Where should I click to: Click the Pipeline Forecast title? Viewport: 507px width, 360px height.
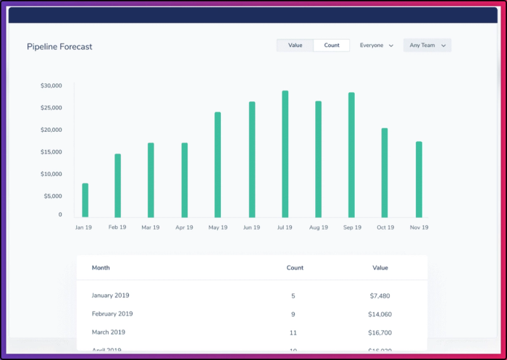[x=59, y=46]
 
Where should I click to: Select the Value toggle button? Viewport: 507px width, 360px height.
[x=296, y=46]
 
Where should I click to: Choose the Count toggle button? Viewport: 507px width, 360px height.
[x=332, y=46]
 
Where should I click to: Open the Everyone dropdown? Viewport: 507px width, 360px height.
[x=376, y=46]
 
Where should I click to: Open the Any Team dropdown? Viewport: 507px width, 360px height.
[x=427, y=46]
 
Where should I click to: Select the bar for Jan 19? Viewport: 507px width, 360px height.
[x=85, y=201]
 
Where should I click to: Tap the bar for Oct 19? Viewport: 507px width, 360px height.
[x=385, y=173]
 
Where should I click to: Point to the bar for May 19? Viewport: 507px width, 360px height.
[x=217, y=165]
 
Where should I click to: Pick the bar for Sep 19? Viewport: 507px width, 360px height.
[x=351, y=155]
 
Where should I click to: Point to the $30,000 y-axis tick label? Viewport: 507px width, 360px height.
[x=51, y=86]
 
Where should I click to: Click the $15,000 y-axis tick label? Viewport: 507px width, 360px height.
[x=51, y=152]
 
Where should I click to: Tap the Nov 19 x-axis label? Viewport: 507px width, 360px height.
[x=419, y=227]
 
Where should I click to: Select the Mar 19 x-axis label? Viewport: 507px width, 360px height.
[x=151, y=227]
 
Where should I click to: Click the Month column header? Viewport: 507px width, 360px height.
[x=101, y=268]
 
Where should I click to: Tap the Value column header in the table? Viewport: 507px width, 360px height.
[x=380, y=268]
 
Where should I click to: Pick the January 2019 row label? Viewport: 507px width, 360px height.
[x=110, y=296]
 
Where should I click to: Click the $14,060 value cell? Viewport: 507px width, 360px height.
[x=380, y=314]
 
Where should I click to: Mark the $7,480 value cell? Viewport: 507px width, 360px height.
[x=380, y=296]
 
